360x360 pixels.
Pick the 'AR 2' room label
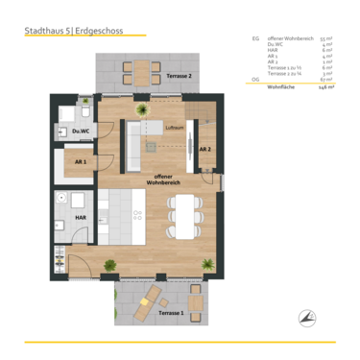204,150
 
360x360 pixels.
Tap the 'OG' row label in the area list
255,79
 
